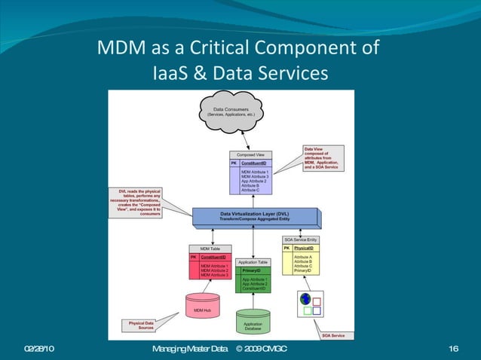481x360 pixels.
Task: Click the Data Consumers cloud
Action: point(231,112)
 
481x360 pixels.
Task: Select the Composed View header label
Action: point(251,155)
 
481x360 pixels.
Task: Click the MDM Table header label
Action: point(210,249)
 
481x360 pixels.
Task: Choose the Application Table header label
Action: point(253,262)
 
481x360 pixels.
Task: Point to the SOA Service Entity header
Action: point(300,239)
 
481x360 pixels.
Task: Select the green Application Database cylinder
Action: point(253,322)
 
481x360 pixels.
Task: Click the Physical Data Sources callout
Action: point(142,326)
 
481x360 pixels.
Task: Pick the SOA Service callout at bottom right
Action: point(333,335)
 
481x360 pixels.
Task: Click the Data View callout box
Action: point(323,158)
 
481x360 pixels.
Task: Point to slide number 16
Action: point(453,348)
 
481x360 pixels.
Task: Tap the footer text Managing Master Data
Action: point(189,348)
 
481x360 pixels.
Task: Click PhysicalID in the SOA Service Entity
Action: point(305,248)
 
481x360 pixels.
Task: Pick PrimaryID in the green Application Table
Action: point(250,270)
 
